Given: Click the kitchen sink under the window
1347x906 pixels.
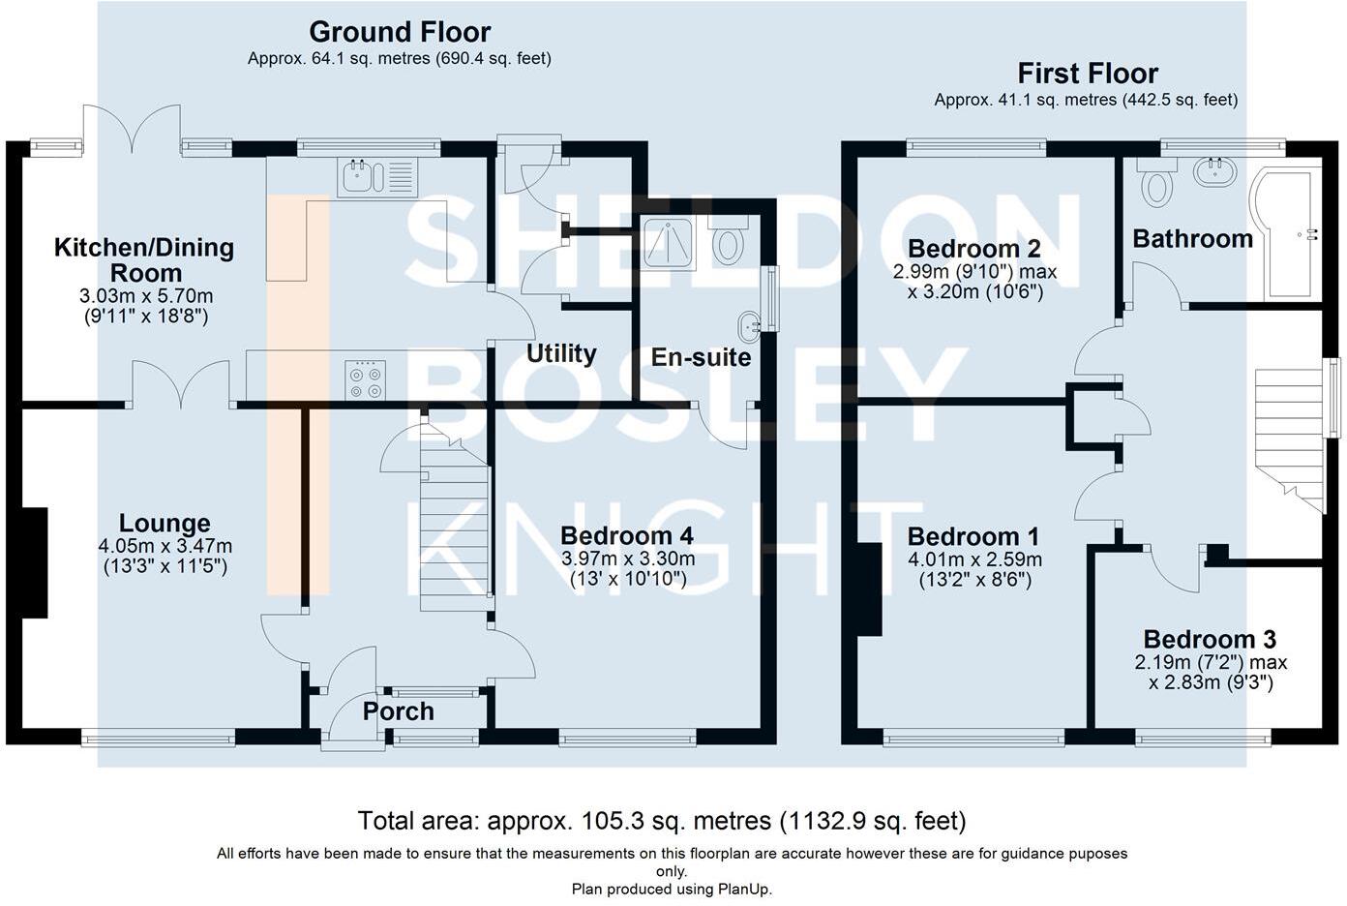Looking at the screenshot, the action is point(377,176).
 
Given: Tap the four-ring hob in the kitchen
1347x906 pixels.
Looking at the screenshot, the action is point(366,379).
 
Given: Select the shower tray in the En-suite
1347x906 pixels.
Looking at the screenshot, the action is point(668,244).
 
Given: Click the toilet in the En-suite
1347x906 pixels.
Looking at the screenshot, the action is point(729,241).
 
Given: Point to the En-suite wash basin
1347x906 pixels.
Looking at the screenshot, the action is point(749,326).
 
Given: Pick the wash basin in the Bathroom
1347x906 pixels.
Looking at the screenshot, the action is point(1214,172).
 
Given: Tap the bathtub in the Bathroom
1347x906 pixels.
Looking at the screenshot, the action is point(1285,235).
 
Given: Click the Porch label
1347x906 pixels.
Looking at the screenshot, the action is point(398,711).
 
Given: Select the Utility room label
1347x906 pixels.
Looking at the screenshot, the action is point(561,353).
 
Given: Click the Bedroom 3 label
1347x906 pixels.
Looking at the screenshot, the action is point(1210,639).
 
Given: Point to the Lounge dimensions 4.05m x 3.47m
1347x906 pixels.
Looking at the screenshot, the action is point(165,546).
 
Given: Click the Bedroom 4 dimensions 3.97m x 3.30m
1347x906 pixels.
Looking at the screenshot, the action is point(628,559).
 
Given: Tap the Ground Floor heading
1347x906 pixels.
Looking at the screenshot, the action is point(400,32).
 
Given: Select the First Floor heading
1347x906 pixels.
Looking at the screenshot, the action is point(1088,74).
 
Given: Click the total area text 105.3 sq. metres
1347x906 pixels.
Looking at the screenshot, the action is point(629,821).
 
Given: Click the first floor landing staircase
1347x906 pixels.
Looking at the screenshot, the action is point(1290,439).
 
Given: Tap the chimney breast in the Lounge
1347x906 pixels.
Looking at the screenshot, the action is point(35,562).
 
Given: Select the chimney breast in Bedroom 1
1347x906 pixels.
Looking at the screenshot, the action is point(869,589).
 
